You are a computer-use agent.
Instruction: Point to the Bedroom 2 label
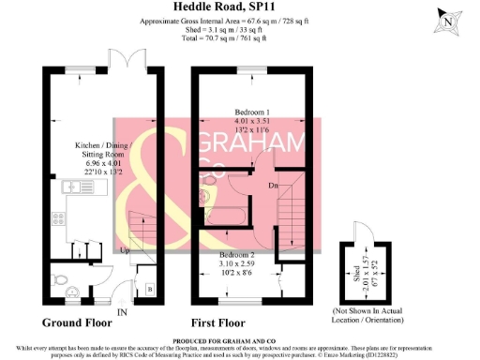click(238, 255)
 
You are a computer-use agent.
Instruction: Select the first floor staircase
click(292, 211)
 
